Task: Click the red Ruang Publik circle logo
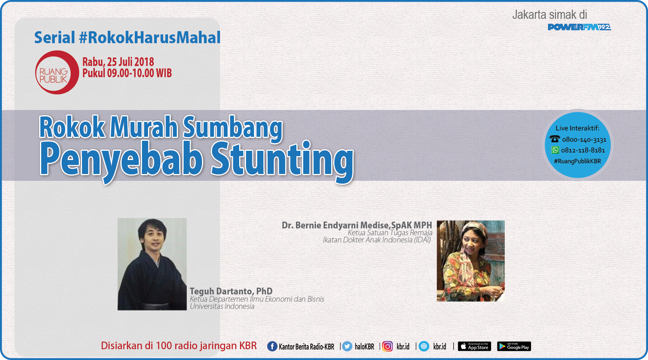pos(57,72)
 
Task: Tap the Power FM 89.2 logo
pos(579,27)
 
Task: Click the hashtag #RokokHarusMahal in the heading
pos(150,38)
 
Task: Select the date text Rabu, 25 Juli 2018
pos(118,62)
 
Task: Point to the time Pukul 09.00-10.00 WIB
pos(127,73)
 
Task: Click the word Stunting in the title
pos(282,159)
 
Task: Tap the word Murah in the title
pos(144,127)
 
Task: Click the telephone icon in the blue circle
pos(554,139)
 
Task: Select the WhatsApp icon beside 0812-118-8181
pos(555,150)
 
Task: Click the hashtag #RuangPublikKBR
pos(577,161)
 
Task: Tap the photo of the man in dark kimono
pos(152,264)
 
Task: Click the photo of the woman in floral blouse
pos(470,261)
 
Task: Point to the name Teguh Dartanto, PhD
pos(231,291)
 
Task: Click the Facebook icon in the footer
pos(272,346)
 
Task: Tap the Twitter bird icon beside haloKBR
pos(347,346)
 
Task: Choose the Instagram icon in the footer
pos(388,346)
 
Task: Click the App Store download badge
pos(474,346)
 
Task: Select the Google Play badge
pos(514,346)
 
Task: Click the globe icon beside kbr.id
pos(424,346)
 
